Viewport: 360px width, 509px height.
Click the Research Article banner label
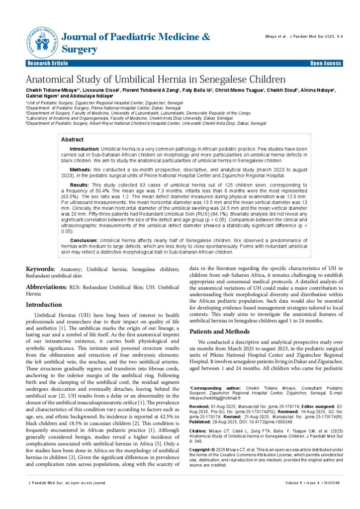tap(48, 64)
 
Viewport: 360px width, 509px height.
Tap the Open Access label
tap(326, 64)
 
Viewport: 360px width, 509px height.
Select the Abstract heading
tap(72, 140)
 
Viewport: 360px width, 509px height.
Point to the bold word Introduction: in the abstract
tap(84, 149)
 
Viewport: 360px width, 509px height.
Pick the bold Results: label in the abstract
tap(80, 184)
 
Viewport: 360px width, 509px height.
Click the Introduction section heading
tap(44, 304)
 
